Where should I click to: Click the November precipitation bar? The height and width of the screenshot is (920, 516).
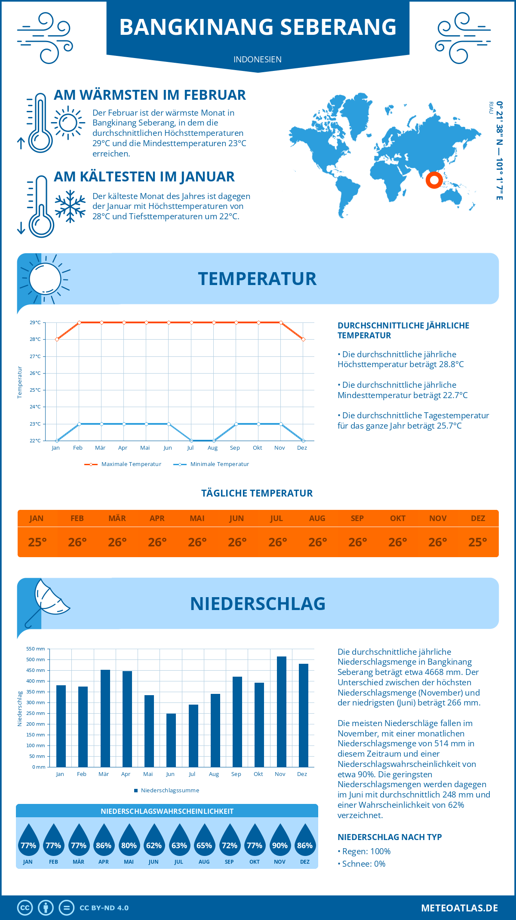pyautogui.click(x=281, y=711)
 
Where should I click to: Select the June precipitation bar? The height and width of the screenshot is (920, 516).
pyautogui.click(x=171, y=740)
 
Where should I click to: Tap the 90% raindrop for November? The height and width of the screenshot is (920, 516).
pyautogui.click(x=280, y=840)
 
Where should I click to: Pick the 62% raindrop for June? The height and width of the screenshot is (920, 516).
pyautogui.click(x=154, y=840)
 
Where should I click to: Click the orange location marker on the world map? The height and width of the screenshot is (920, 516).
pyautogui.click(x=434, y=180)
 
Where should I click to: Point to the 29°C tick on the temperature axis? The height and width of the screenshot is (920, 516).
pyautogui.click(x=35, y=322)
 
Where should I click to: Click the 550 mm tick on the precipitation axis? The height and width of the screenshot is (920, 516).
pyautogui.click(x=36, y=649)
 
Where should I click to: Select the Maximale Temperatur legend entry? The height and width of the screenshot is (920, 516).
pyautogui.click(x=123, y=464)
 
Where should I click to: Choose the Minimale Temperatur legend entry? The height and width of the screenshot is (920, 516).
pyautogui.click(x=212, y=464)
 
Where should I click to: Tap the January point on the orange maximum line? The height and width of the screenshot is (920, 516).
pyautogui.click(x=57, y=339)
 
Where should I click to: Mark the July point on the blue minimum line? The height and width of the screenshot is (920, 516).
pyautogui.click(x=191, y=441)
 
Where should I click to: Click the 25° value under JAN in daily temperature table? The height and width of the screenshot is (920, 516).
pyautogui.click(x=37, y=542)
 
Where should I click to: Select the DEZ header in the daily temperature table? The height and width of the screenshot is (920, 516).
pyautogui.click(x=478, y=518)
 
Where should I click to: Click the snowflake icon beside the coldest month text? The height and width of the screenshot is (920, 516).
pyautogui.click(x=70, y=206)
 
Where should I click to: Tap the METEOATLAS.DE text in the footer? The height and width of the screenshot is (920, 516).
pyautogui.click(x=459, y=908)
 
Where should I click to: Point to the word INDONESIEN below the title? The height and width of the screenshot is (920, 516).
pyautogui.click(x=258, y=59)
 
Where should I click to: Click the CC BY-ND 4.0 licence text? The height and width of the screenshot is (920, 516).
pyautogui.click(x=104, y=908)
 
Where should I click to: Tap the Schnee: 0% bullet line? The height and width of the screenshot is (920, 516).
pyautogui.click(x=362, y=864)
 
